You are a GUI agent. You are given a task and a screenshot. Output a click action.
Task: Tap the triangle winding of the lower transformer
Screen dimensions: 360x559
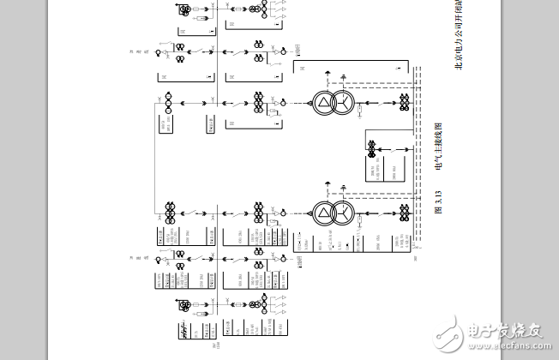tap(322, 212)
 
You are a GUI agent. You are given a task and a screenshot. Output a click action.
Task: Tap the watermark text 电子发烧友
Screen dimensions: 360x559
tap(506, 333)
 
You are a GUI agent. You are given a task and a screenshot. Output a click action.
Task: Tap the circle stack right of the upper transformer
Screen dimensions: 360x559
tap(403, 104)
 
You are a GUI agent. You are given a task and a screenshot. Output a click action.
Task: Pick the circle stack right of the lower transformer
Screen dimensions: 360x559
tap(403, 212)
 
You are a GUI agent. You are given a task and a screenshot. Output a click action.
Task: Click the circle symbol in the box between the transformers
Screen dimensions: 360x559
tap(372, 149)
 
